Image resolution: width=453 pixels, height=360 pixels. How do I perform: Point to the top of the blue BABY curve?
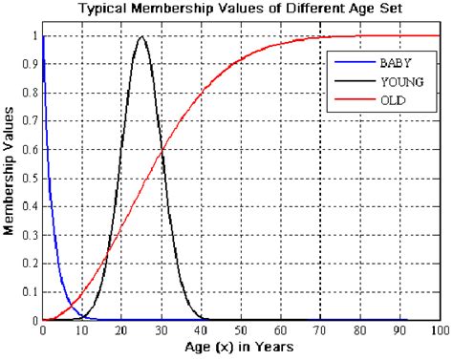coord(43,38)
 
